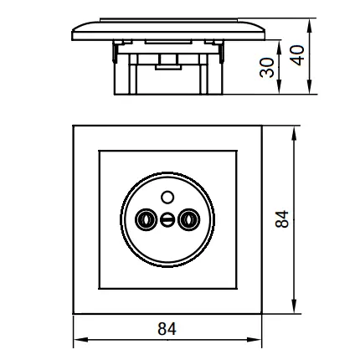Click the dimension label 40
(297, 55)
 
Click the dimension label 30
(267, 67)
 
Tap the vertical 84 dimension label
(281, 219)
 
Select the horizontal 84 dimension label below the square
(167, 329)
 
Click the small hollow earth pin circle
(167, 198)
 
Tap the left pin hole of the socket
(146, 219)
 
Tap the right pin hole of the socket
(189, 219)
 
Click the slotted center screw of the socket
(167, 220)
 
